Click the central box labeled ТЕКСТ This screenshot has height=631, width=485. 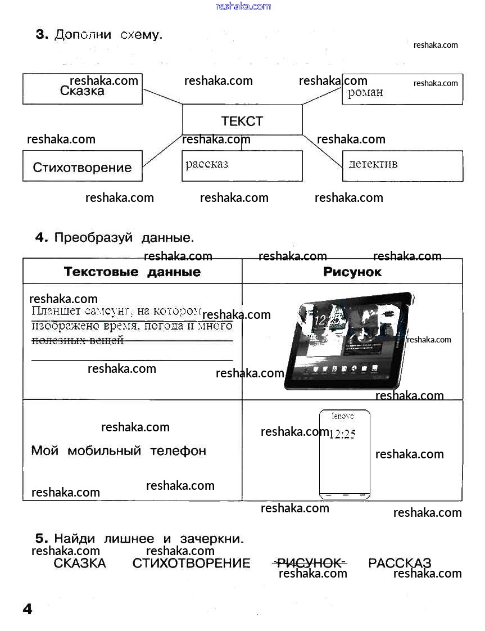tap(242, 120)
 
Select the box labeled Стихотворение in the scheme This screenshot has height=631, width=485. tap(82, 167)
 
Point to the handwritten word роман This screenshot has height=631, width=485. tap(365, 92)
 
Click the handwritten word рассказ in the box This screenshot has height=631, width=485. tap(207, 164)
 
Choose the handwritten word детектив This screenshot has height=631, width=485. tap(373, 164)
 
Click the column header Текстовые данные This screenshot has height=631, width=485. tap(132, 272)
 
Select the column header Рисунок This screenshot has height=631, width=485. tap(352, 272)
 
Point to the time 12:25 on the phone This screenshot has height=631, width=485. tap(342, 434)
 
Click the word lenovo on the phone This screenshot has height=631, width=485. tap(343, 417)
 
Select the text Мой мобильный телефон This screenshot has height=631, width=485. tap(119, 450)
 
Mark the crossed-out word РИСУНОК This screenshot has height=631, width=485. tap(310, 563)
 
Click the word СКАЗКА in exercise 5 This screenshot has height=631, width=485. tap(80, 563)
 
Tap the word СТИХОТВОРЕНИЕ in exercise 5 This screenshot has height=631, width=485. tap(191, 563)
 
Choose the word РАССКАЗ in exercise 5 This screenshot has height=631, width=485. tap(400, 563)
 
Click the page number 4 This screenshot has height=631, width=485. tap(27, 609)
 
